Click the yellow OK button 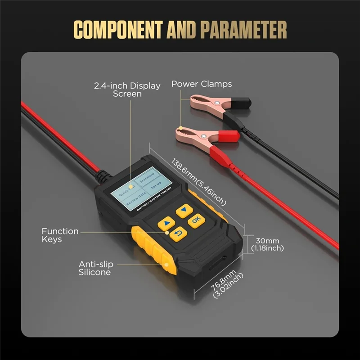click(196, 220)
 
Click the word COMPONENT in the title click(118, 30)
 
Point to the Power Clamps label click(202, 84)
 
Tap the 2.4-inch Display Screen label click(127, 90)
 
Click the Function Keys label click(60, 235)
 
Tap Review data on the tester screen click(135, 200)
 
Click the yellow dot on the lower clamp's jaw click(180, 129)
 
